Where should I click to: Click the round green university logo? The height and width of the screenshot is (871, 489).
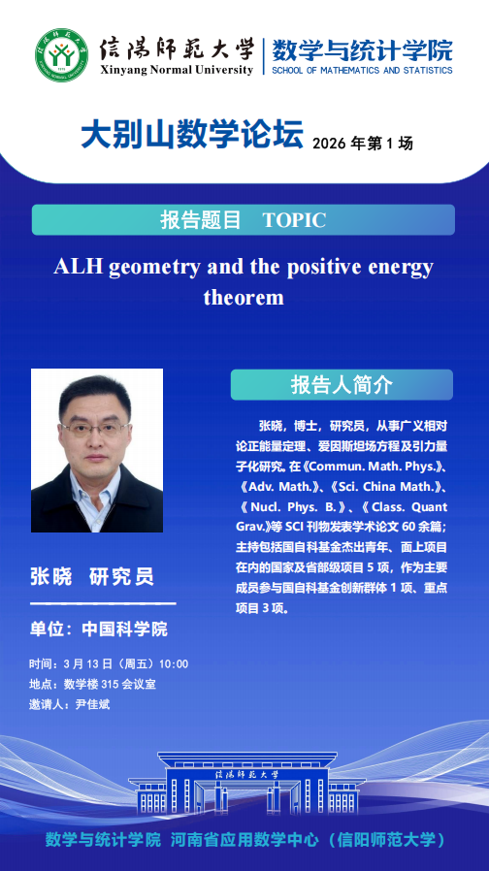coord(62,55)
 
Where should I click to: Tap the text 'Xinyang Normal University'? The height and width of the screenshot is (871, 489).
coord(177,70)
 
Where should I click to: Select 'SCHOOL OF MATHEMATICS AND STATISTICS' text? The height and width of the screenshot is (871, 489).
coord(362,71)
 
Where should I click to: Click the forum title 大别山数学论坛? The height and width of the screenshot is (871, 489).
coord(192,136)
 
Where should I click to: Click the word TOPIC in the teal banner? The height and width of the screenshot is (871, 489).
coord(294,220)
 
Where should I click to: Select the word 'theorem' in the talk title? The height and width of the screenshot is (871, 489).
coord(244,297)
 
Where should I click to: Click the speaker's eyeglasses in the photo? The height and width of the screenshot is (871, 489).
coord(95,429)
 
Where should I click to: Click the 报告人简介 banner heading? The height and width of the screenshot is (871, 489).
coord(342,385)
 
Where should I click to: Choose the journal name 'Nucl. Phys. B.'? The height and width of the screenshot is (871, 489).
coord(292,507)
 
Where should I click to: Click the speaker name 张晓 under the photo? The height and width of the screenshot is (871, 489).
coord(51,576)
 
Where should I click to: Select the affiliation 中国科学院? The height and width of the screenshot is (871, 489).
coord(124,629)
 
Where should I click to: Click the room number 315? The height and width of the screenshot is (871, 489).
coord(110,685)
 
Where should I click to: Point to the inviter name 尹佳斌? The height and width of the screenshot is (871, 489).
coord(93,704)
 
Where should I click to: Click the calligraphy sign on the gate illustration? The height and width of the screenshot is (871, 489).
coord(247,774)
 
